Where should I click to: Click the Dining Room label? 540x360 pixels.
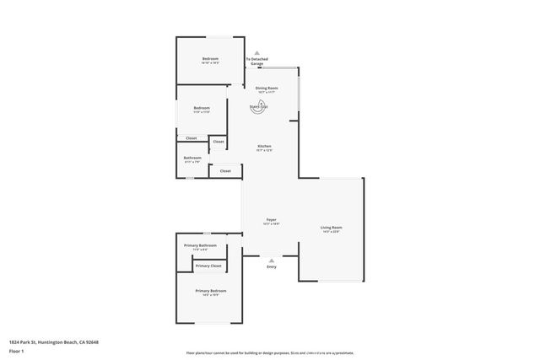267,88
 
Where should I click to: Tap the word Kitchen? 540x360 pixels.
264,147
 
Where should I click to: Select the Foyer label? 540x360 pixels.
272,219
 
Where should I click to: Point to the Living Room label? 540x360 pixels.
331,228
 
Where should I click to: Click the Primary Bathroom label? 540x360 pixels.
200,245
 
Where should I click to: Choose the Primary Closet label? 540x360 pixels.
208,266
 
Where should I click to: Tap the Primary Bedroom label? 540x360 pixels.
211,290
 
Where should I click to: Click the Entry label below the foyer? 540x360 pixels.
271,267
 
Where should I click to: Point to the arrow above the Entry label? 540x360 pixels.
271,261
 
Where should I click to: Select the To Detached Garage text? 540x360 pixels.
256,62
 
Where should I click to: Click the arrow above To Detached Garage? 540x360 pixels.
256,51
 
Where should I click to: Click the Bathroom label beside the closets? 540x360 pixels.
192,158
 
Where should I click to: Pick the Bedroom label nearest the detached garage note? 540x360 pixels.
210,58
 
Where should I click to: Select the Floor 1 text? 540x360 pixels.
17,352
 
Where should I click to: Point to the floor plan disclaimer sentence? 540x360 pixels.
270,352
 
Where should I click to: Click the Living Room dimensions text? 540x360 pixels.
331,232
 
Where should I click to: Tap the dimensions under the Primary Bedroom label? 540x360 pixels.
211,295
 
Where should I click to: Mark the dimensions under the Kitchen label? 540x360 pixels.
264,151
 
